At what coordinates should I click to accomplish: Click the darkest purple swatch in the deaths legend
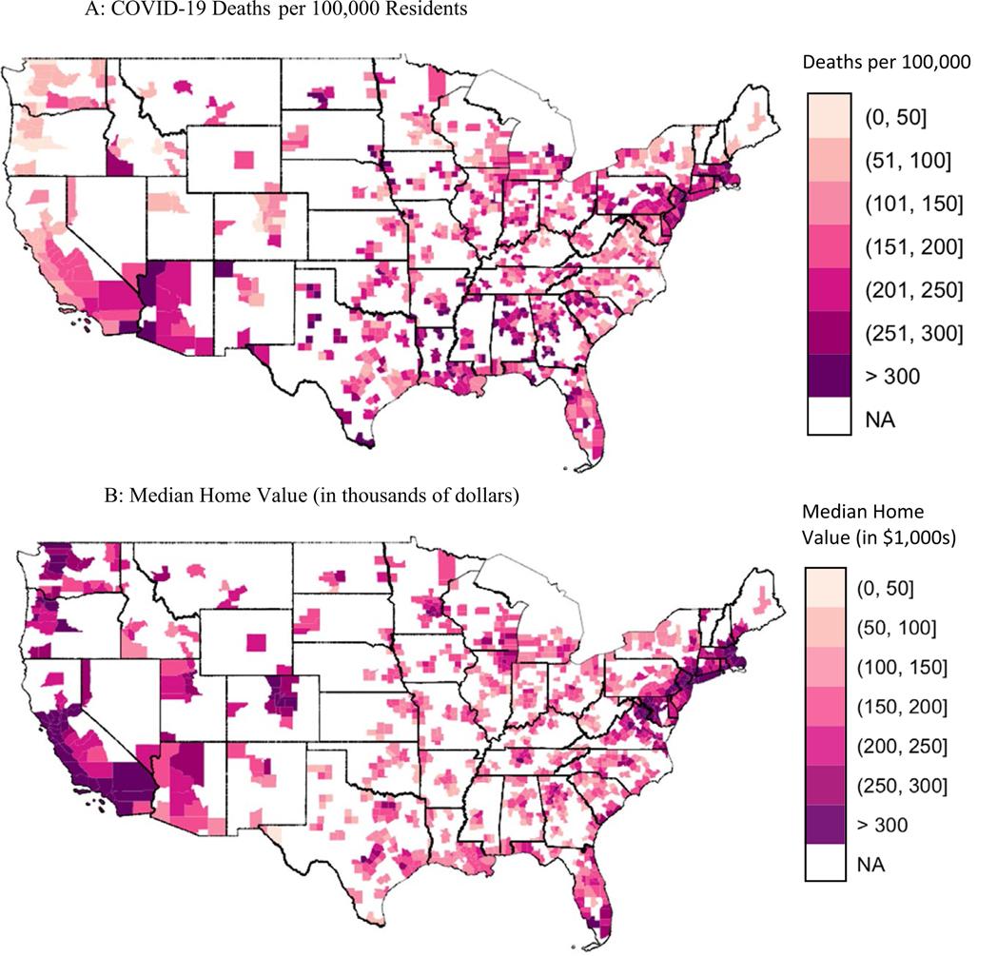[829, 375]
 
